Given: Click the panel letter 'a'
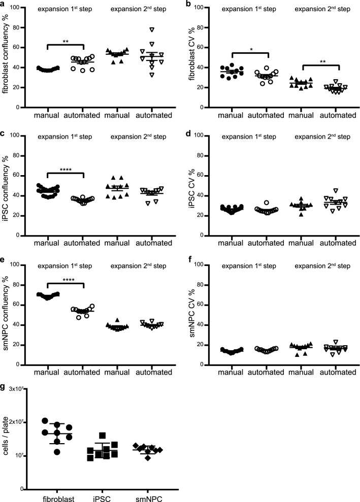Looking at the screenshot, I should pyautogui.click(x=3, y=4).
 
